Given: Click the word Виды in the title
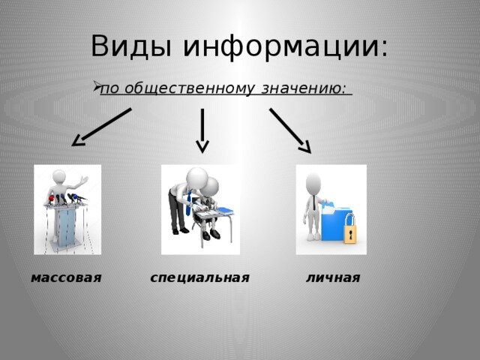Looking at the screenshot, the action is (x=131, y=46).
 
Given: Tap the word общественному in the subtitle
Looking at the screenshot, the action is (x=190, y=88).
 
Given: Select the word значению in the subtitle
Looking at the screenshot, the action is (x=304, y=88).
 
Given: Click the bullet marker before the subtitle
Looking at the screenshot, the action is (x=97, y=86).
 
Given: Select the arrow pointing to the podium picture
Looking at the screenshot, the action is (x=101, y=127).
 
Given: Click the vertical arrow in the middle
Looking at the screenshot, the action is (x=202, y=130).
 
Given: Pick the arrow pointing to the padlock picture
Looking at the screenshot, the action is (x=290, y=130).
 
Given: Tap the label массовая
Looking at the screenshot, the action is (x=66, y=277).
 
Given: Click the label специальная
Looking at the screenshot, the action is (x=200, y=278).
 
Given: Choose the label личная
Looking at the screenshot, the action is (x=333, y=277).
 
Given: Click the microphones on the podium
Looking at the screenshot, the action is (x=67, y=199).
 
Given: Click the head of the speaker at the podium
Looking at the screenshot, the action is (x=59, y=176).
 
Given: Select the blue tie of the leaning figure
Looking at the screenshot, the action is (x=189, y=202).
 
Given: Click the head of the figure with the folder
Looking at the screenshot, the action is (x=313, y=183).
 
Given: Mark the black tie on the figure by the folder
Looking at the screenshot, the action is (x=314, y=202).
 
